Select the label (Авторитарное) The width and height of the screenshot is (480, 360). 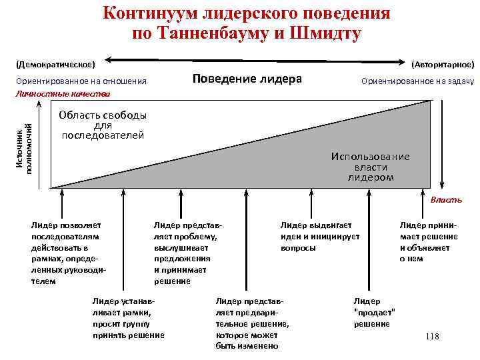coord(443,65)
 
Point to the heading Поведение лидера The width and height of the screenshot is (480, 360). coord(247,79)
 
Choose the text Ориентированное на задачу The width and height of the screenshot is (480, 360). coord(417,81)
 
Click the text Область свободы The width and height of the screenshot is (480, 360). coord(102,115)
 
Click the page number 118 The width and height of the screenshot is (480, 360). coord(432,337)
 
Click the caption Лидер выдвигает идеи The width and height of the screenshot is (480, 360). coord(320,237)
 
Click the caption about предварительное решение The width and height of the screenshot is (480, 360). coord(253,323)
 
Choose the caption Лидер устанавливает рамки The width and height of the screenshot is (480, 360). coord(128,318)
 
